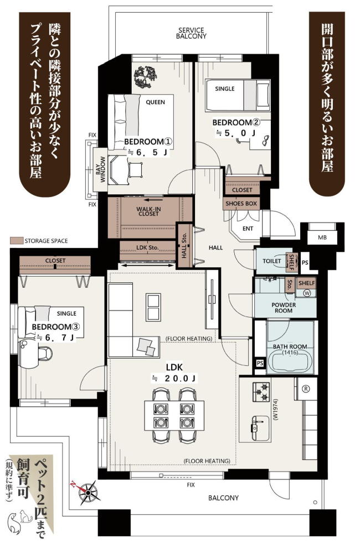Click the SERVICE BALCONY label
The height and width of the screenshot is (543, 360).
(x=191, y=33)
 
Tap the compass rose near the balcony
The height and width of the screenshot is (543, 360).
(x=87, y=492)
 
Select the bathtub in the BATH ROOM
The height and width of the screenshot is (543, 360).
(x=291, y=361)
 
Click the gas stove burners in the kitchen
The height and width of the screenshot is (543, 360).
(x=261, y=392)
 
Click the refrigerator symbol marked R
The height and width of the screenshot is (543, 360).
(x=306, y=388)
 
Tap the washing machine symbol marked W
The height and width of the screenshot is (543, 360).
(x=307, y=293)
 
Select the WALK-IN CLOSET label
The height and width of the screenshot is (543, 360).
(x=148, y=211)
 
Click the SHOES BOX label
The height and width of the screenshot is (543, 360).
(x=241, y=204)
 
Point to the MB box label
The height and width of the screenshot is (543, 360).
(x=322, y=237)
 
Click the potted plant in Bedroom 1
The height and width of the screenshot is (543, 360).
(x=145, y=76)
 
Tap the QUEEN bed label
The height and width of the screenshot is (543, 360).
(x=155, y=102)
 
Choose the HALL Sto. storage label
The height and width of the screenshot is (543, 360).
(x=184, y=246)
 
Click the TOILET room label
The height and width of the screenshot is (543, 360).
(x=271, y=261)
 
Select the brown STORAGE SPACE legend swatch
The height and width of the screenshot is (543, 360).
(x=16, y=241)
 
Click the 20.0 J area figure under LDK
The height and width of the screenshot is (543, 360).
(x=180, y=378)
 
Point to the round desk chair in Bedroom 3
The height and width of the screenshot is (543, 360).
(x=45, y=354)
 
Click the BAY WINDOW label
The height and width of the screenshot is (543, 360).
(x=100, y=169)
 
